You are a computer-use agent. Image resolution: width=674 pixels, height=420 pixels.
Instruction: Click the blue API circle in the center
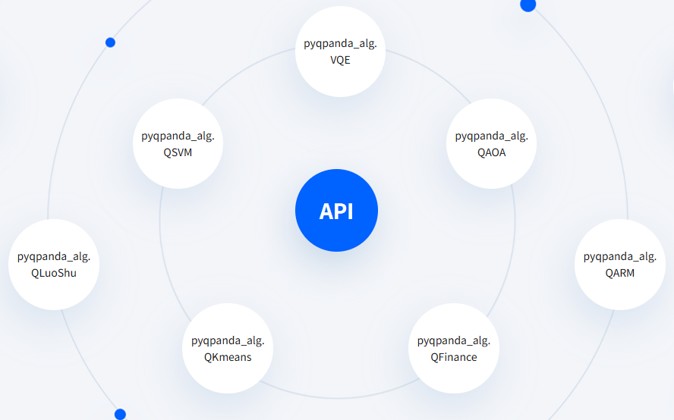tap(336, 211)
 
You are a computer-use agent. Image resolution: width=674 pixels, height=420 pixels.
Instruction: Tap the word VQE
tap(340, 60)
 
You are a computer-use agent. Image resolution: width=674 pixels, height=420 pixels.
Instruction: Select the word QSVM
tap(178, 152)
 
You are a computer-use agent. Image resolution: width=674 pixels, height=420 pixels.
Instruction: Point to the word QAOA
tap(491, 152)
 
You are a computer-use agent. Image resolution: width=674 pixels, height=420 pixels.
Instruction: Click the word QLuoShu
tap(54, 273)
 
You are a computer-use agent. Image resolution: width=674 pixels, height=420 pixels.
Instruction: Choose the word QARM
tap(620, 273)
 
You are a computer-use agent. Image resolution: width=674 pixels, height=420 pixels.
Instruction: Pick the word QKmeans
tap(228, 357)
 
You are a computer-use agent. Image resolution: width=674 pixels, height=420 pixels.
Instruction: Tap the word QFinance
tap(454, 357)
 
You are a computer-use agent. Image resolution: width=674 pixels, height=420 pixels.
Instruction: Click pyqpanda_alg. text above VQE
tap(340, 44)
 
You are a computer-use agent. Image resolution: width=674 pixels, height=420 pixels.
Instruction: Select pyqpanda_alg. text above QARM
tap(620, 257)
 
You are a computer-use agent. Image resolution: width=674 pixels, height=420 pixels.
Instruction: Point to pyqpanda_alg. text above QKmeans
tap(228, 341)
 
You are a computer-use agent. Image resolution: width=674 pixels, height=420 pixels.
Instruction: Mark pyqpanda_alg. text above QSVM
tap(178, 136)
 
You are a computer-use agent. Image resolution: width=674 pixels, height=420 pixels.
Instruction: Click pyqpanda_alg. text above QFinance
tap(454, 341)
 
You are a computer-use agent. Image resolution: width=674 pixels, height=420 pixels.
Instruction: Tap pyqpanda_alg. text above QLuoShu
tap(54, 257)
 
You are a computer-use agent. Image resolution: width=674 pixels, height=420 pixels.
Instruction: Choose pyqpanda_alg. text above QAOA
tap(491, 136)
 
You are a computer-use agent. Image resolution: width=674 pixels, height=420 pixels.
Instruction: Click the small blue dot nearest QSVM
tap(111, 42)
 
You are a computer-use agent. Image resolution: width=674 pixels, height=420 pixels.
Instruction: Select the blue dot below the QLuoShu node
tap(121, 415)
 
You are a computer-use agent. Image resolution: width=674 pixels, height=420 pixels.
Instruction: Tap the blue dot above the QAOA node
tap(528, 5)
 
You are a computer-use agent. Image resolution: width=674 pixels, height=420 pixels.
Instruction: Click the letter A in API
tap(326, 212)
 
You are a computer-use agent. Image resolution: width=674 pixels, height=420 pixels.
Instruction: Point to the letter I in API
tap(351, 212)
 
